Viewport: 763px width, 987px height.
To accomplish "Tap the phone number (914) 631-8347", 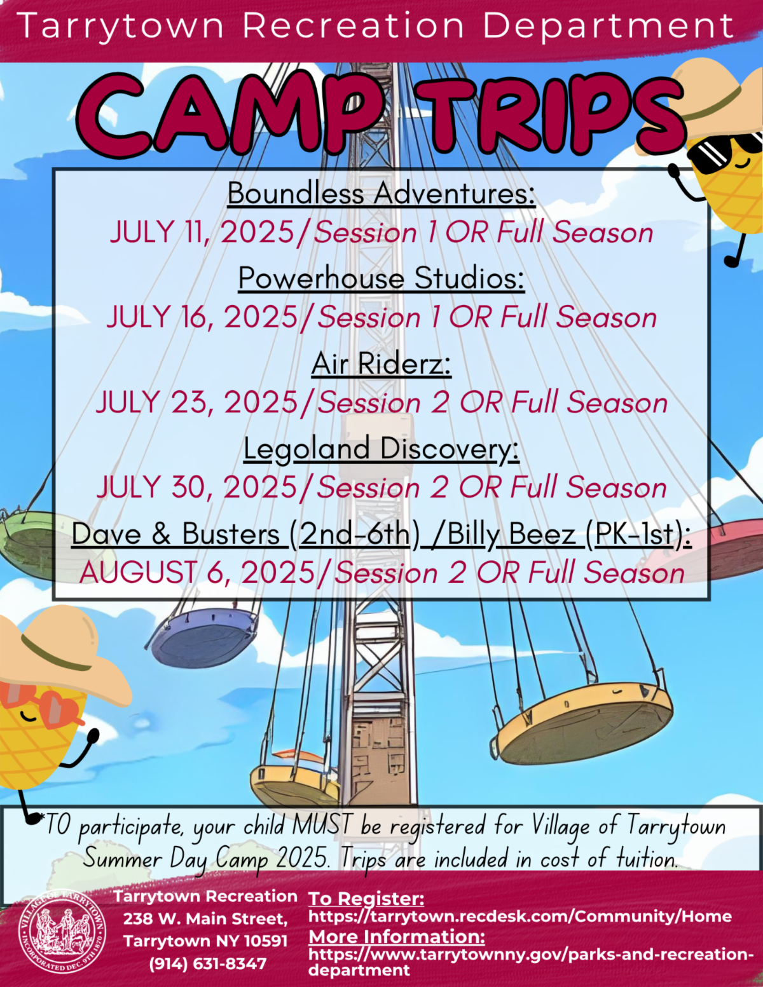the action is (x=208, y=964).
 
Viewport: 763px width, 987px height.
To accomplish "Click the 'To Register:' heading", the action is (x=366, y=899).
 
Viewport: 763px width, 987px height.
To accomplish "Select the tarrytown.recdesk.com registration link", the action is (x=520, y=916).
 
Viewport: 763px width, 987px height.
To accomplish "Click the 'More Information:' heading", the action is (x=397, y=937).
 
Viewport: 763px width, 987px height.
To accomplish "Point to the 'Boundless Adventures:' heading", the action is (x=381, y=193).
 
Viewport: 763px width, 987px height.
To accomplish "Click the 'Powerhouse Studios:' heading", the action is (x=381, y=278).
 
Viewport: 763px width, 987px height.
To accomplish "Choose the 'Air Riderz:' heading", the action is (x=381, y=364).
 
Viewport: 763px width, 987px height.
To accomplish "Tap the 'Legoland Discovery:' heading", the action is (x=381, y=449).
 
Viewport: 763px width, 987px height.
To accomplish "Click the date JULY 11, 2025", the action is (x=202, y=232).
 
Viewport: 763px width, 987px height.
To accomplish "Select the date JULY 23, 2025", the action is (x=196, y=403).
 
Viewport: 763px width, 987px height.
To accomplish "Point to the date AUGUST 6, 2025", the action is (x=197, y=573).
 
